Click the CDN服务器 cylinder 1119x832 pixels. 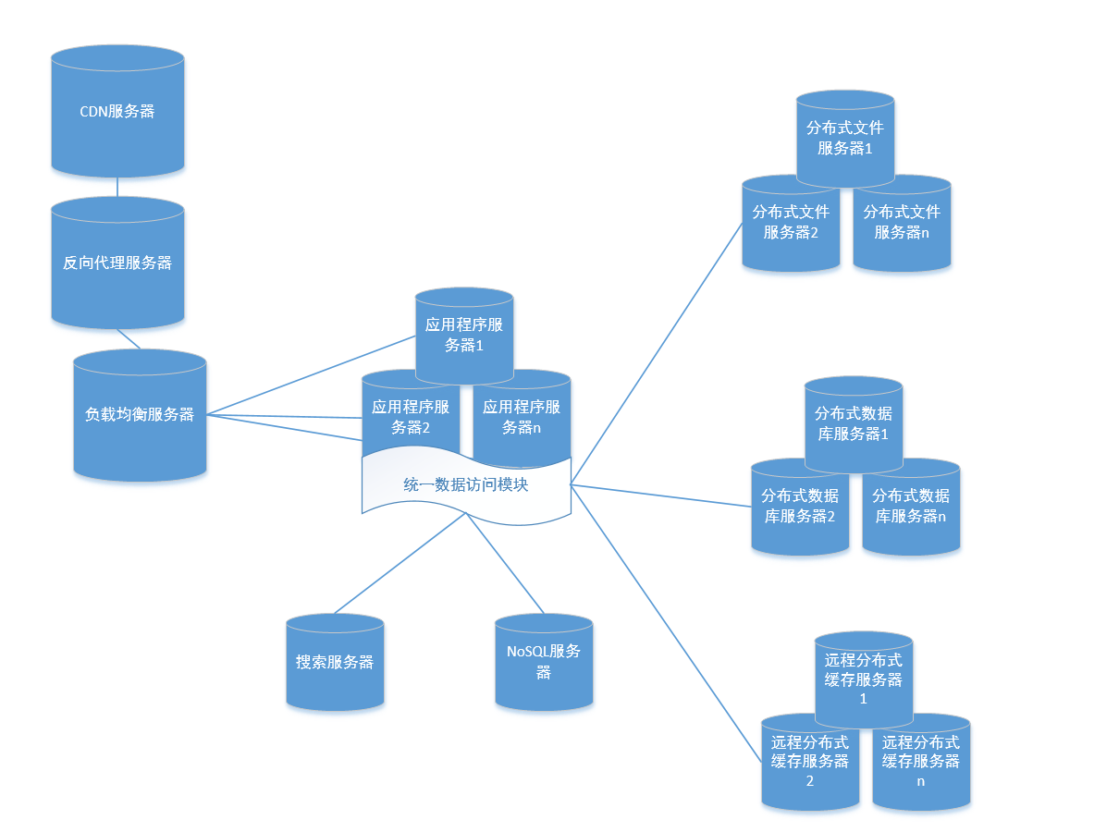coord(117,111)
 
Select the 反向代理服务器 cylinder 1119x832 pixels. coord(117,263)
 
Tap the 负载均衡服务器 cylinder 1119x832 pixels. coord(140,415)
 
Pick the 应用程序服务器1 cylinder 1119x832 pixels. coord(464,335)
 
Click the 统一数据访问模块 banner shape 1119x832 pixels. coord(466,484)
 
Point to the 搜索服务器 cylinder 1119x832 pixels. coord(335,662)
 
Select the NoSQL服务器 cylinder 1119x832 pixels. coord(544,662)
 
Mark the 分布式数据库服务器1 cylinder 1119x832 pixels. coord(854,423)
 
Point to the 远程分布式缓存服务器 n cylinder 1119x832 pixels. coord(922,764)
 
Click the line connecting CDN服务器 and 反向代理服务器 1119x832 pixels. coord(117,187)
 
